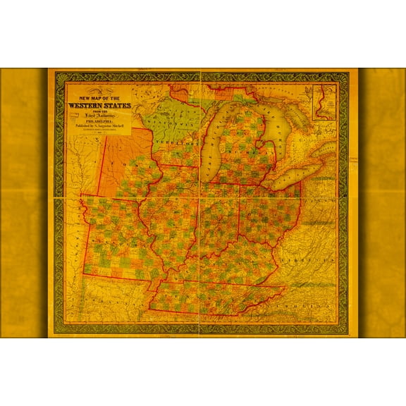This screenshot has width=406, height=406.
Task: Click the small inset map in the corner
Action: [x=325, y=101]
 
